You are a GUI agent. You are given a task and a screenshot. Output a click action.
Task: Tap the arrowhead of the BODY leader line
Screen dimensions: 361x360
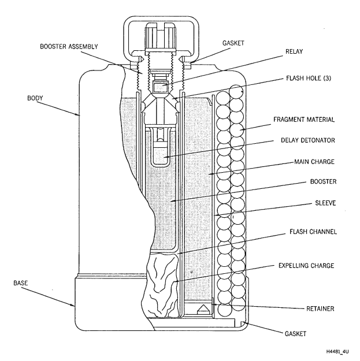coord(80,116)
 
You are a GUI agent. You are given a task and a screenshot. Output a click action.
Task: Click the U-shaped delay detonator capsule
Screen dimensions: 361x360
coord(164,151)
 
